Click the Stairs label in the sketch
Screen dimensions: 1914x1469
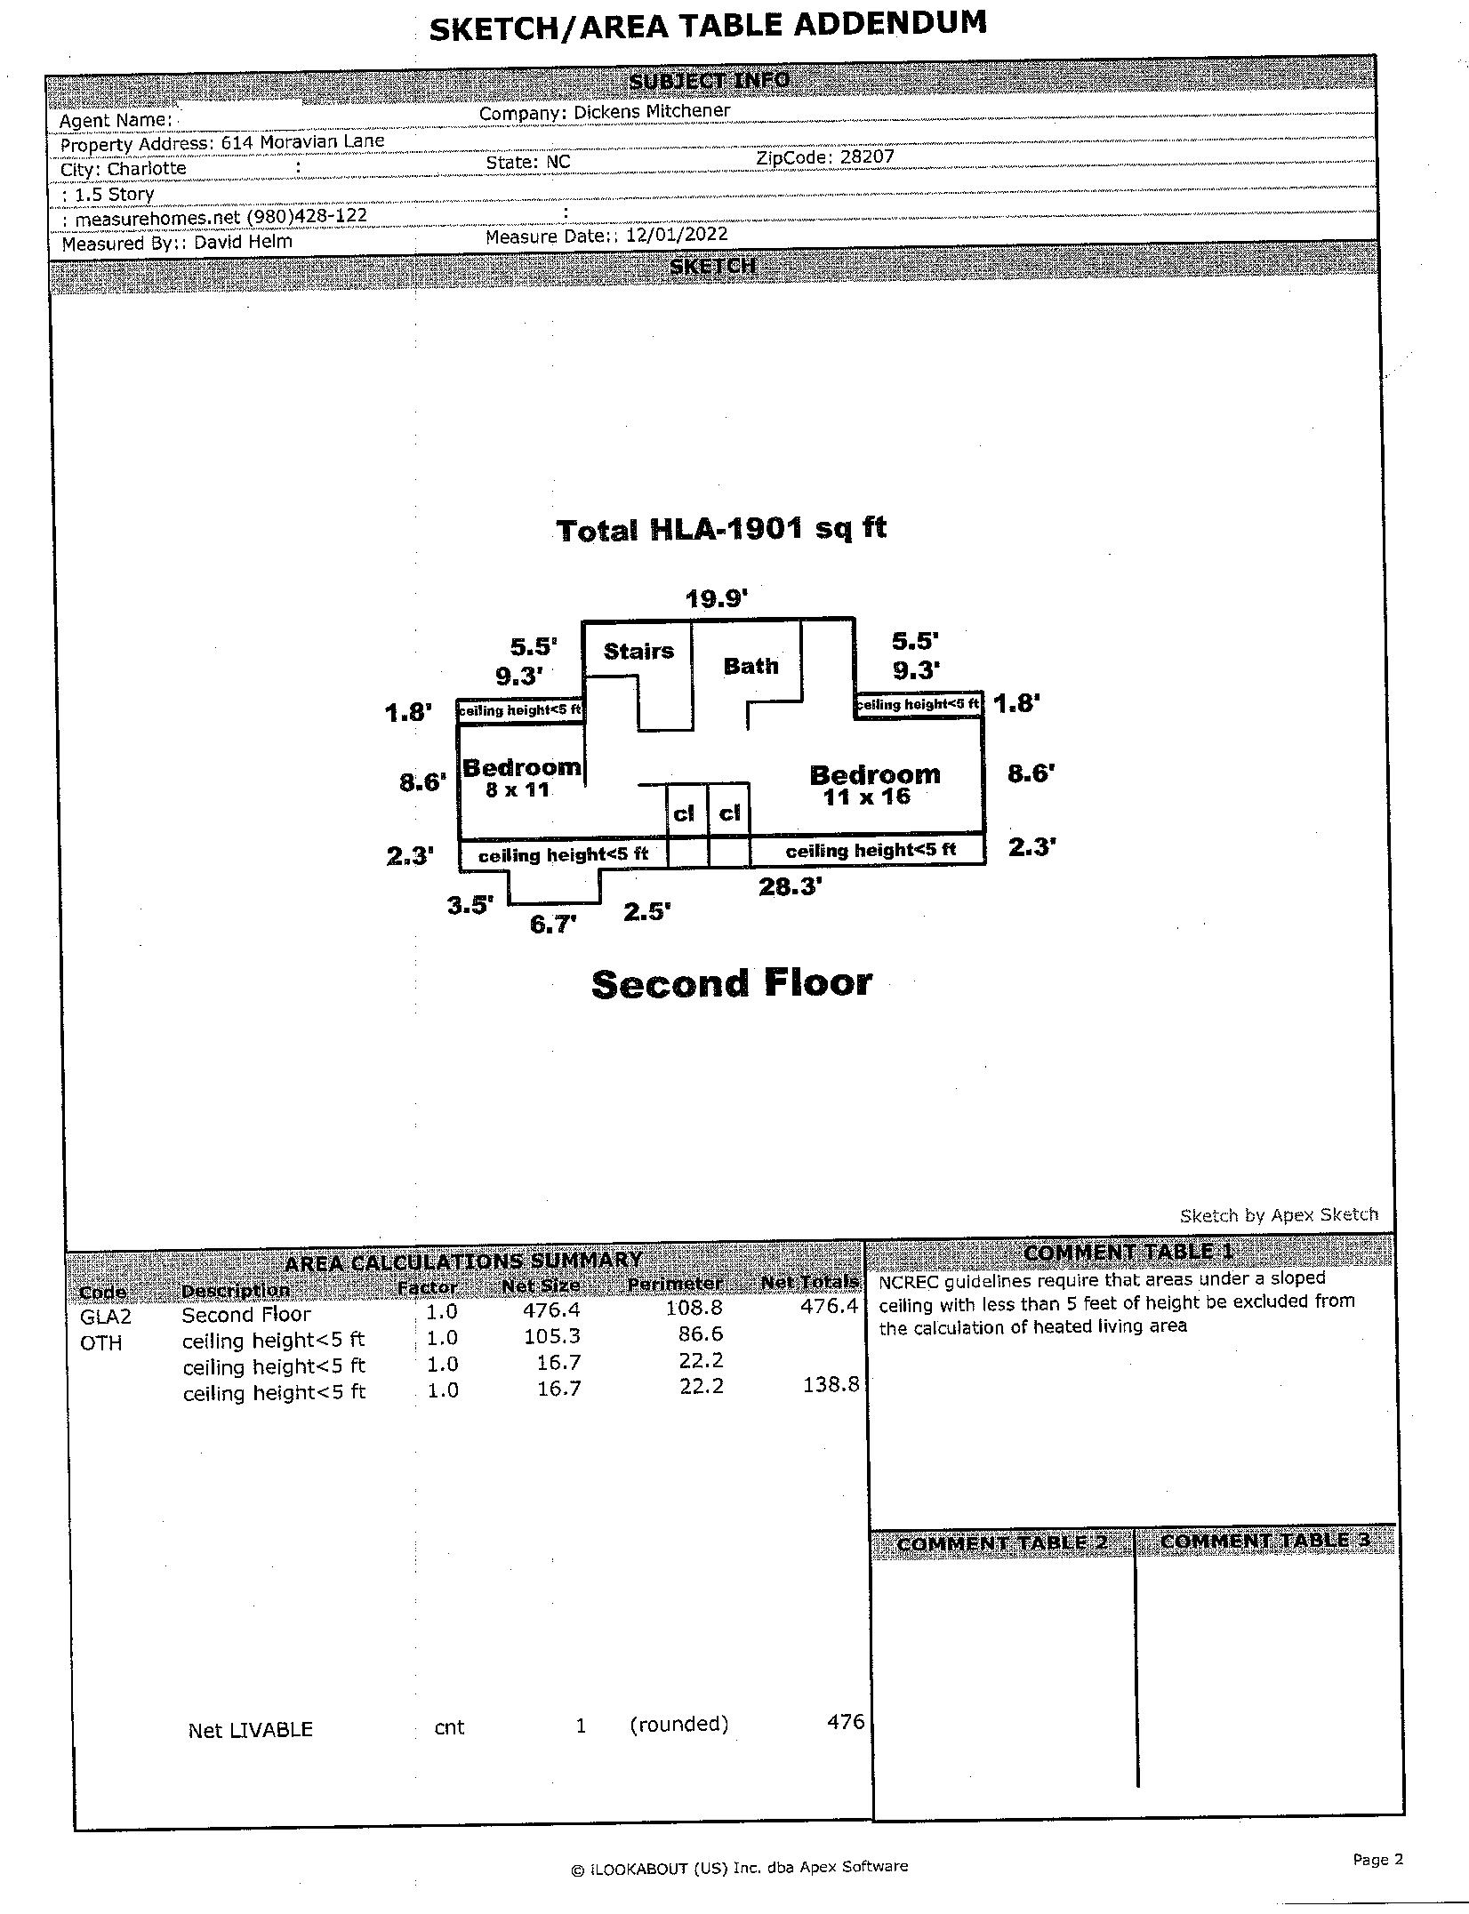coord(638,652)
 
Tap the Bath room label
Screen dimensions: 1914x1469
coord(751,666)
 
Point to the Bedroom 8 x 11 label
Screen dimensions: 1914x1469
coord(521,777)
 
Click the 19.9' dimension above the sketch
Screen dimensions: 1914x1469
coord(717,599)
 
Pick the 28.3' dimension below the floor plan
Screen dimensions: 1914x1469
coord(790,886)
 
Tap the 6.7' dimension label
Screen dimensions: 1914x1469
coord(553,925)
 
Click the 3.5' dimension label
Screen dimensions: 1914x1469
coord(470,906)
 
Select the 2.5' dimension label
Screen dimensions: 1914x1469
coord(646,912)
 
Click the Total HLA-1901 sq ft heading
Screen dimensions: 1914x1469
coord(721,529)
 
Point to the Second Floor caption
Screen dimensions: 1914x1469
coord(731,984)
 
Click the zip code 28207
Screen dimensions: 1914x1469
coord(867,157)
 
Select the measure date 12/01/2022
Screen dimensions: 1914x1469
coord(677,235)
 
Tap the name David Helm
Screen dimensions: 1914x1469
coord(243,242)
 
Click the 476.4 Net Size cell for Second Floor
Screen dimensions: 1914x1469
coord(552,1309)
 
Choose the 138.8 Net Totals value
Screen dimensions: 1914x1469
coord(831,1384)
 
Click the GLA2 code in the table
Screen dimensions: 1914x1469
coord(105,1317)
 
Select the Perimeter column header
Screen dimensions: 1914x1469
coord(675,1285)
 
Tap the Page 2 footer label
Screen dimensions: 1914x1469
coord(1377,1859)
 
